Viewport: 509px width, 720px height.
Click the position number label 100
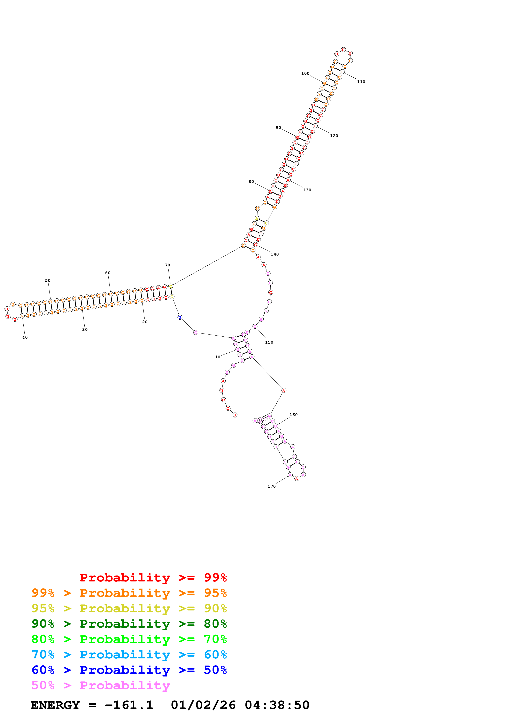[305, 73]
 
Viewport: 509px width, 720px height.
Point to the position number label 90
[278, 128]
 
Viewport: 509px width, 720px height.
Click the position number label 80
[251, 182]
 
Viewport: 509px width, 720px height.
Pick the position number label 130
[307, 190]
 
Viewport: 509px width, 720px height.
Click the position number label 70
[168, 265]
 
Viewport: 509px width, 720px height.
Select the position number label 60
[108, 273]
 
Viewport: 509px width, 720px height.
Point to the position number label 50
[48, 281]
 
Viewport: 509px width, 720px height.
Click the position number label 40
[25, 337]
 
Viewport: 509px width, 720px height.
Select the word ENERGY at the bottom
[55, 705]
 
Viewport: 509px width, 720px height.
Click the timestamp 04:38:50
[277, 705]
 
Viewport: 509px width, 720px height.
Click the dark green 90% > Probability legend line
[129, 624]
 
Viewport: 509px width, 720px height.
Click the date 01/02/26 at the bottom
[203, 705]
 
